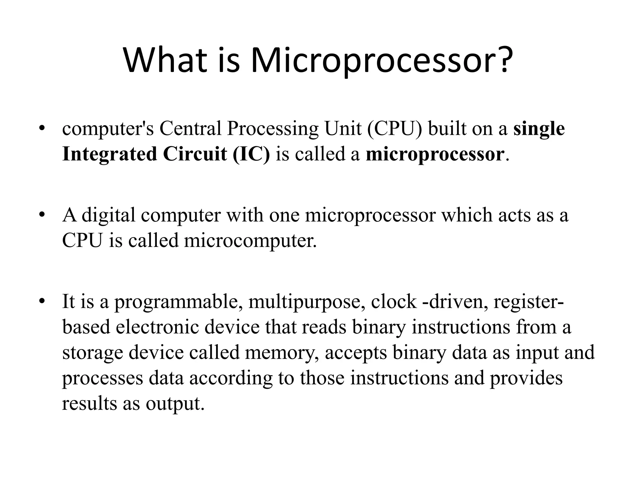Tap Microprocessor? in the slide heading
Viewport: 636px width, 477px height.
(x=382, y=61)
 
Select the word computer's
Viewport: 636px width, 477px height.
(x=108, y=129)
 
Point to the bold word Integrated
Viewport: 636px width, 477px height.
(x=109, y=154)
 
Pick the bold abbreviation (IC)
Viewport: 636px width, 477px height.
(x=251, y=154)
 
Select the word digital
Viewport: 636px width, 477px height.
(x=108, y=215)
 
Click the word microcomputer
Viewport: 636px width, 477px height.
(x=250, y=240)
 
